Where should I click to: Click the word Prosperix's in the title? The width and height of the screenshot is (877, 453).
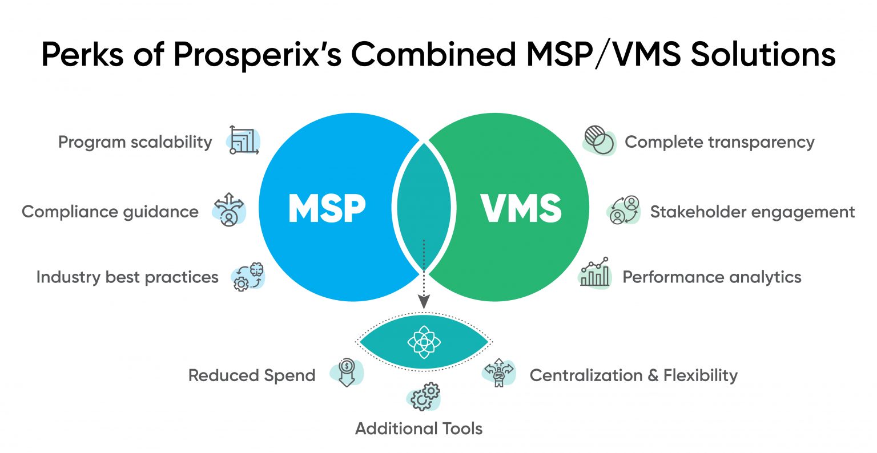click(256, 55)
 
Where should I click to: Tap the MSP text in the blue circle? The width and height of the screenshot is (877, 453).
click(327, 209)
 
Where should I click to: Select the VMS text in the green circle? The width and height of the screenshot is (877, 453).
click(521, 209)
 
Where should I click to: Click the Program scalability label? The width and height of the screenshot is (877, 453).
click(135, 142)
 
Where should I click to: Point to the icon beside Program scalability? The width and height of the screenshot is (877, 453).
click(244, 140)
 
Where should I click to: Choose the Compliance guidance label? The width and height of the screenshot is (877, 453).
click(110, 212)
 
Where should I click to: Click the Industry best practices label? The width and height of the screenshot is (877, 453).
click(127, 277)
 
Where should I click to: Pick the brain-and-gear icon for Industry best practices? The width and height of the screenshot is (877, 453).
click(249, 277)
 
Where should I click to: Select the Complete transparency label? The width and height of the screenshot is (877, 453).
click(719, 142)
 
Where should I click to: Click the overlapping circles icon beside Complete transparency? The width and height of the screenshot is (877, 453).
click(599, 140)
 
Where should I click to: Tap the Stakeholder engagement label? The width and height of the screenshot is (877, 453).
click(752, 212)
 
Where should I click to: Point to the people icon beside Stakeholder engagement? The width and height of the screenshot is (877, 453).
click(623, 211)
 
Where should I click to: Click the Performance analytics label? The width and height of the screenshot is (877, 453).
click(711, 277)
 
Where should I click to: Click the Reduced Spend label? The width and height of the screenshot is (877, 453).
click(252, 375)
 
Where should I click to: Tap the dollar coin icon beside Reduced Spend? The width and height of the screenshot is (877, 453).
click(347, 372)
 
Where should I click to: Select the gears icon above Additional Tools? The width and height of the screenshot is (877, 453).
click(424, 396)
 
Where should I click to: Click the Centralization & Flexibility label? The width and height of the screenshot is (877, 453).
click(633, 375)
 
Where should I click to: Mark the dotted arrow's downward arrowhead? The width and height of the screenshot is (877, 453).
click(423, 302)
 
